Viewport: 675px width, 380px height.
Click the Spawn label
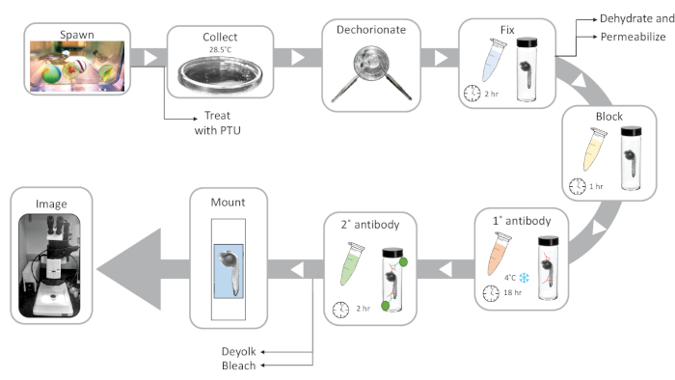pos(77,35)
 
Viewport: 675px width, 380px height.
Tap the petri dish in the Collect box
pos(220,75)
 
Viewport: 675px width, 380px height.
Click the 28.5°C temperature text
pos(220,49)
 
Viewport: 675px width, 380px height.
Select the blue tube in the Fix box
pos(494,60)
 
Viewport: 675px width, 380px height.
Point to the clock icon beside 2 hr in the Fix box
pos(472,93)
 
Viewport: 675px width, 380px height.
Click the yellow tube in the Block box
pos(595,149)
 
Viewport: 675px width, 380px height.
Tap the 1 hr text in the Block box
pos(596,186)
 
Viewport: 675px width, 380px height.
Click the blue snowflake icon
pos(524,278)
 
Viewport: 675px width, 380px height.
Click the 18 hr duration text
pos(513,292)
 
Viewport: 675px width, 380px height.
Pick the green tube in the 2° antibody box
pos(352,264)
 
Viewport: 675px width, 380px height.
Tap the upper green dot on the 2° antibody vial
pos(403,261)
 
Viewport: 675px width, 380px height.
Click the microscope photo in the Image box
pos(49,265)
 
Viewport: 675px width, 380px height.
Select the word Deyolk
pos(239,352)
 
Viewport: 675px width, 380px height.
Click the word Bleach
pos(239,366)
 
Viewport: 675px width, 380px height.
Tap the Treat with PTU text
pos(217,122)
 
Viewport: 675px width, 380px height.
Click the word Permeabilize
pos(634,37)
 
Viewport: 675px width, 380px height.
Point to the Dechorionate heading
pos(371,30)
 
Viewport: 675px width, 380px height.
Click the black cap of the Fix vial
pos(526,42)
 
